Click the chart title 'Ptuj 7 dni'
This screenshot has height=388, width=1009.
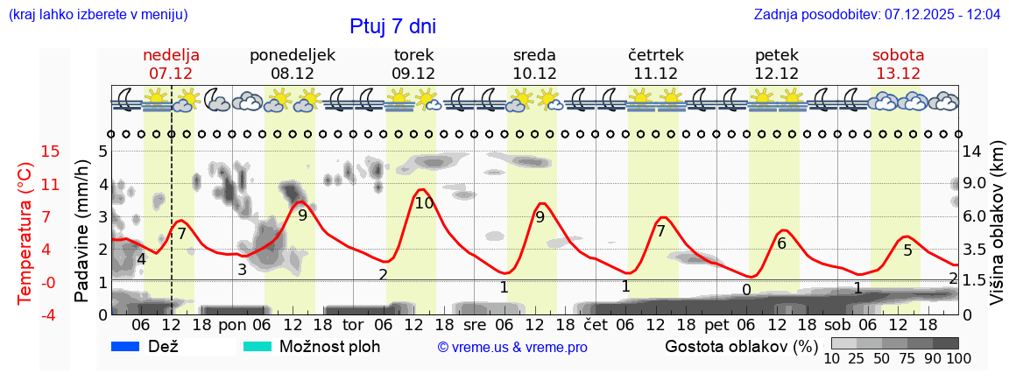[392, 26]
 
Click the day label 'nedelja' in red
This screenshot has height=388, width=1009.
[171, 55]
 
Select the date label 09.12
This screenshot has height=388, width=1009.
[413, 74]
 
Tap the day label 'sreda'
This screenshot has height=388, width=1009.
[534, 55]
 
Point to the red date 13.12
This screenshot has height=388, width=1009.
[898, 74]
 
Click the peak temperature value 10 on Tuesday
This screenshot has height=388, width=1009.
[424, 203]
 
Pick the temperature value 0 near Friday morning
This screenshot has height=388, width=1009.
[746, 290]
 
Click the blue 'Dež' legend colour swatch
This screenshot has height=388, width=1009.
[126, 346]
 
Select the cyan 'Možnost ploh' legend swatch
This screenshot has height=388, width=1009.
[258, 346]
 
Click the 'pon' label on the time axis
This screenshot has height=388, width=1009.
[233, 324]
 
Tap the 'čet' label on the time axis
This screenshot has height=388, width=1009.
[595, 324]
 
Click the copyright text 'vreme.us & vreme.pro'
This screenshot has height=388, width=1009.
[512, 348]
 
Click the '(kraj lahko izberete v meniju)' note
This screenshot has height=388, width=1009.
[98, 15]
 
